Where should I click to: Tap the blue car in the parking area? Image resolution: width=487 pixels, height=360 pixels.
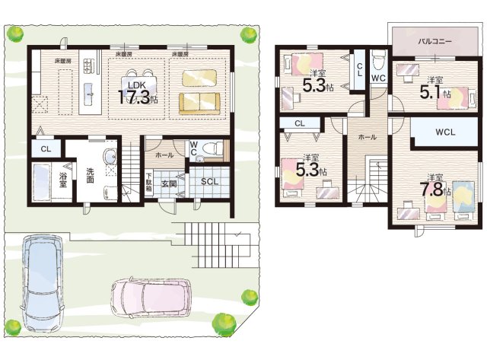point(43,283)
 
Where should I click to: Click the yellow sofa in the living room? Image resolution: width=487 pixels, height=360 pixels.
point(199,104)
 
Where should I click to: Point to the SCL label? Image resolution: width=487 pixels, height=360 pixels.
point(210,181)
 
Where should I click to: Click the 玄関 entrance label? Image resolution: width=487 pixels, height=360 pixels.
point(169,183)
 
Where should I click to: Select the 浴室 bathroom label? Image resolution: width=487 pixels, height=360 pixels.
point(63,180)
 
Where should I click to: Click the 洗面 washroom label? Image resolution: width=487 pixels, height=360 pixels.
point(90,176)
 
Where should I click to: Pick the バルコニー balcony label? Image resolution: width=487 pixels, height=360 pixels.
point(434,41)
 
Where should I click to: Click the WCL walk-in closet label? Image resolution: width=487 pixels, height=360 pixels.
point(445,132)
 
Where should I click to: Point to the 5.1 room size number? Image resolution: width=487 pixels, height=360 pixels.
point(430,92)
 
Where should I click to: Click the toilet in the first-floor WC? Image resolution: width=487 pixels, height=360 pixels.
point(212,148)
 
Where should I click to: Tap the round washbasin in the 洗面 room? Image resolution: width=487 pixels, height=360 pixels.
point(110,155)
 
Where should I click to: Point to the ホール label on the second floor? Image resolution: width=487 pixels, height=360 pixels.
point(368,137)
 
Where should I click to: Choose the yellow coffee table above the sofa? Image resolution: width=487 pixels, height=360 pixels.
point(199,78)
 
